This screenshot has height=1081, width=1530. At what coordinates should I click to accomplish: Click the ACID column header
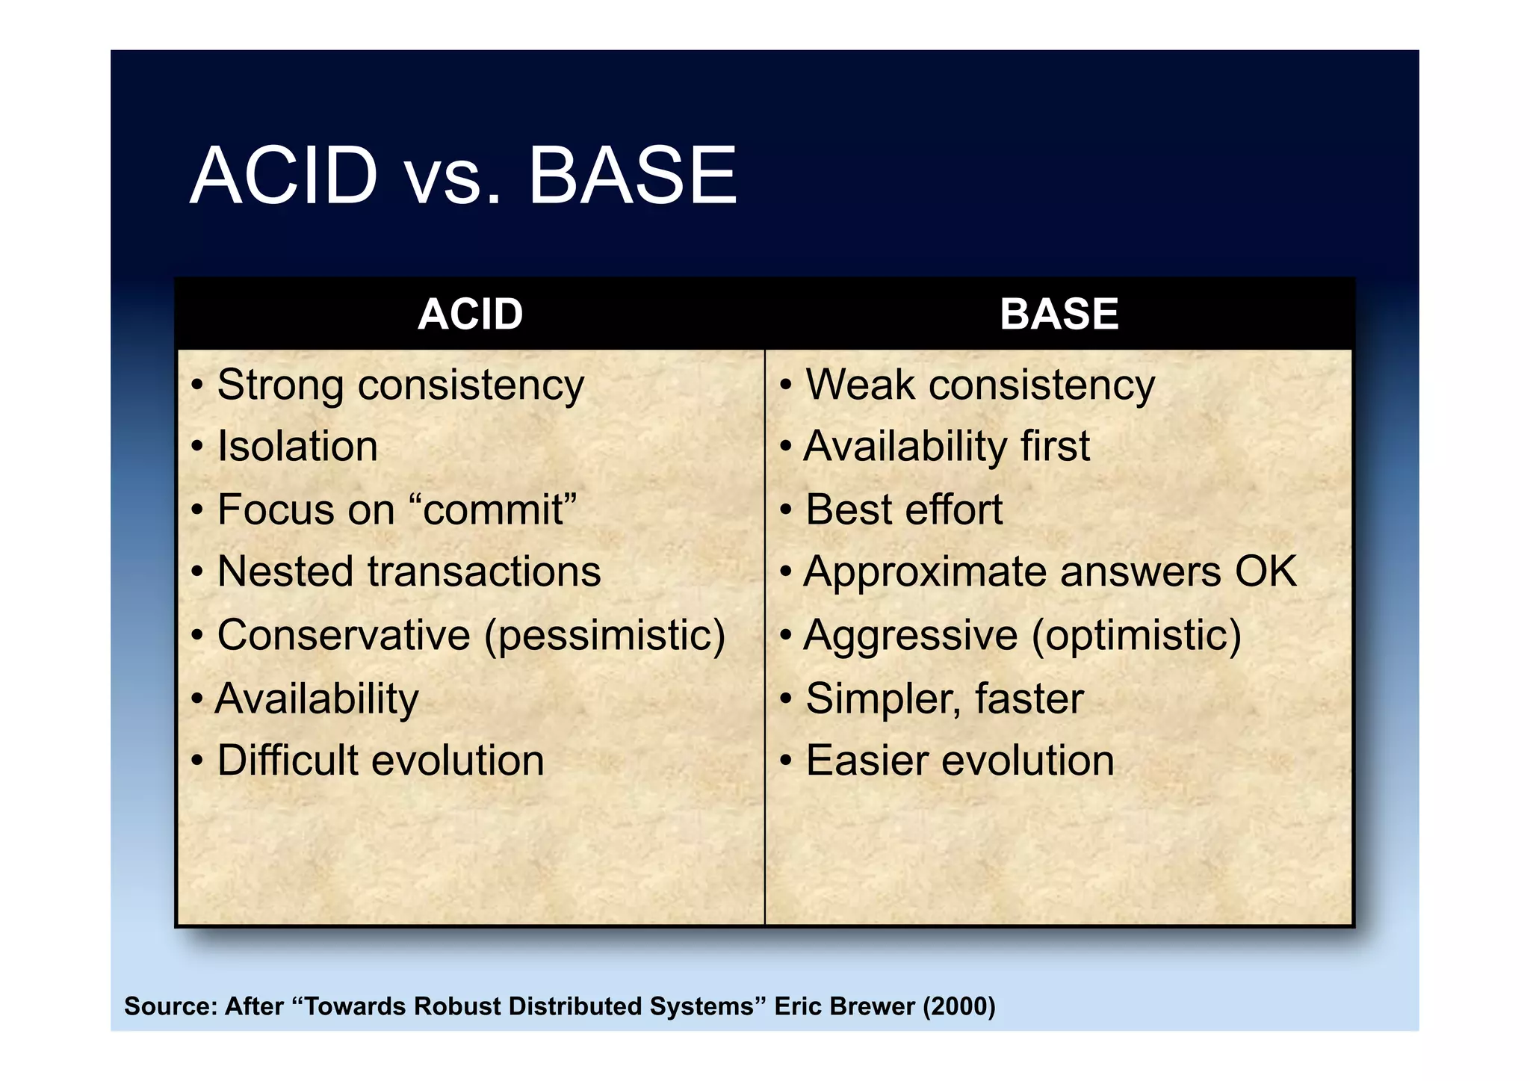[470, 314]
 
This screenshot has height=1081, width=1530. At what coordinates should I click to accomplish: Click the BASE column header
[1059, 314]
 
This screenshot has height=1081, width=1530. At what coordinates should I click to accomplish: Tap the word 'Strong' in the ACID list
[279, 386]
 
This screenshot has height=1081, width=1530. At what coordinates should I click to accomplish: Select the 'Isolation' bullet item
[297, 447]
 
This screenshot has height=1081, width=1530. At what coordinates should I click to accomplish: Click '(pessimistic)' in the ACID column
[604, 636]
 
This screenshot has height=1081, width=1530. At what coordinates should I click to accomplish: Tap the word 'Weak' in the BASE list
[859, 386]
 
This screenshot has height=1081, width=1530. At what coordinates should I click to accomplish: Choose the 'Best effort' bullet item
[904, 510]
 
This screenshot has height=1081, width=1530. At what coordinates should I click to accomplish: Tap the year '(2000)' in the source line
[959, 1006]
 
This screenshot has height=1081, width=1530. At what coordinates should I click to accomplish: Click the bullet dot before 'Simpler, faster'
[785, 700]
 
